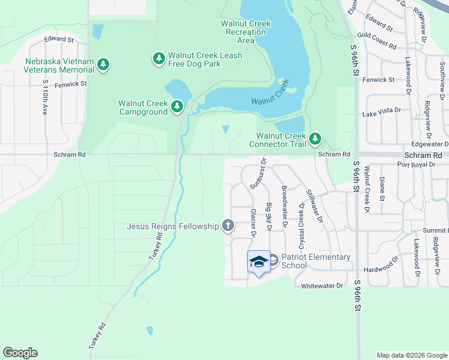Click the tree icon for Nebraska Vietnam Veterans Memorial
[x=103, y=64]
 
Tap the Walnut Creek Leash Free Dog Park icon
[x=159, y=58]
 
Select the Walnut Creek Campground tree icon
[x=176, y=107]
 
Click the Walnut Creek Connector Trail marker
[x=315, y=140]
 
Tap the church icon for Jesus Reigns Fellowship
[x=228, y=226]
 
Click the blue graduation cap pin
[x=259, y=262]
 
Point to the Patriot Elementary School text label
[x=316, y=261]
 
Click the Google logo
[x=20, y=353]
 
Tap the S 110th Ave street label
[x=45, y=97]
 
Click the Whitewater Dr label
[x=322, y=286]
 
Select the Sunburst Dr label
[x=258, y=173]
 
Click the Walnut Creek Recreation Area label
[x=246, y=32]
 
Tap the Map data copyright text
[x=412, y=355]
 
